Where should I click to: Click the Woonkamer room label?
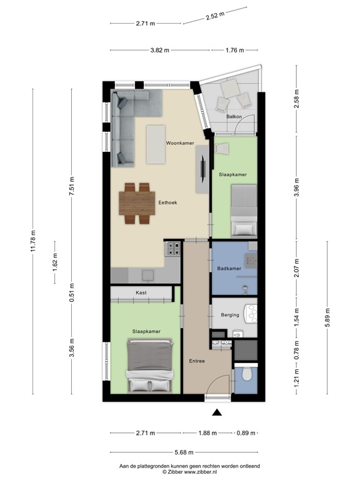(x=180, y=143)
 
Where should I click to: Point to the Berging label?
(x=229, y=315)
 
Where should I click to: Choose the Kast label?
(x=141, y=292)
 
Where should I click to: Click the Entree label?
(x=197, y=361)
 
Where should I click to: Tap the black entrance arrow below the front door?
(x=217, y=412)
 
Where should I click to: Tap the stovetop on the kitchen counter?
(x=172, y=250)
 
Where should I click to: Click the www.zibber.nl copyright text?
(x=189, y=472)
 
